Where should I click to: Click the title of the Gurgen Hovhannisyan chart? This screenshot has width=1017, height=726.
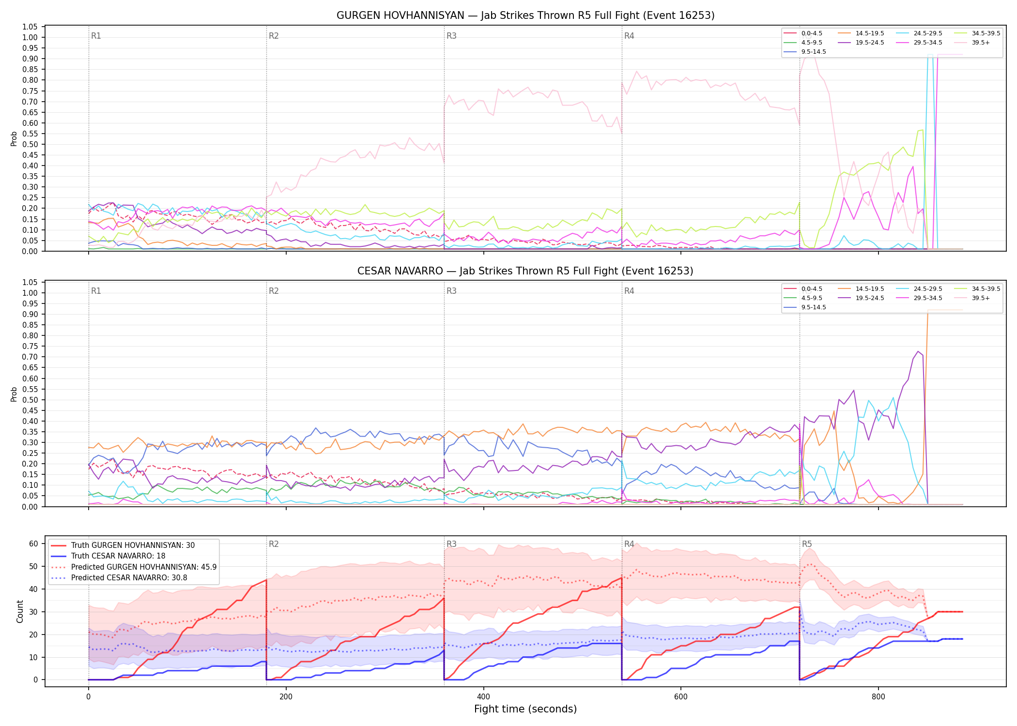tap(525, 15)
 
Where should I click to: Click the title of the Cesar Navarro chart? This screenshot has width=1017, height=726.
tap(525, 271)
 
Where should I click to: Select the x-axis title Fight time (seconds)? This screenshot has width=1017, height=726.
tap(525, 709)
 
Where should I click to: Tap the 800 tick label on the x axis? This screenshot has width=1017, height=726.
tap(878, 697)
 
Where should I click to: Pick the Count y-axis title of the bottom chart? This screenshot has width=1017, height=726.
tap(20, 611)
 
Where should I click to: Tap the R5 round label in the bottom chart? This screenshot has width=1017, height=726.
tap(807, 544)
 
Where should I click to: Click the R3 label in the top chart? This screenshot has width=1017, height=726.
tap(451, 36)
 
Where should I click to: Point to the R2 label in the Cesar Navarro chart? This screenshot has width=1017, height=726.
tap(274, 291)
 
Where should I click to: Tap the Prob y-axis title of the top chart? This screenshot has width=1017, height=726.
tap(14, 139)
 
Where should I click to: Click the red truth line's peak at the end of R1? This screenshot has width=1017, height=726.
tap(266, 580)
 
